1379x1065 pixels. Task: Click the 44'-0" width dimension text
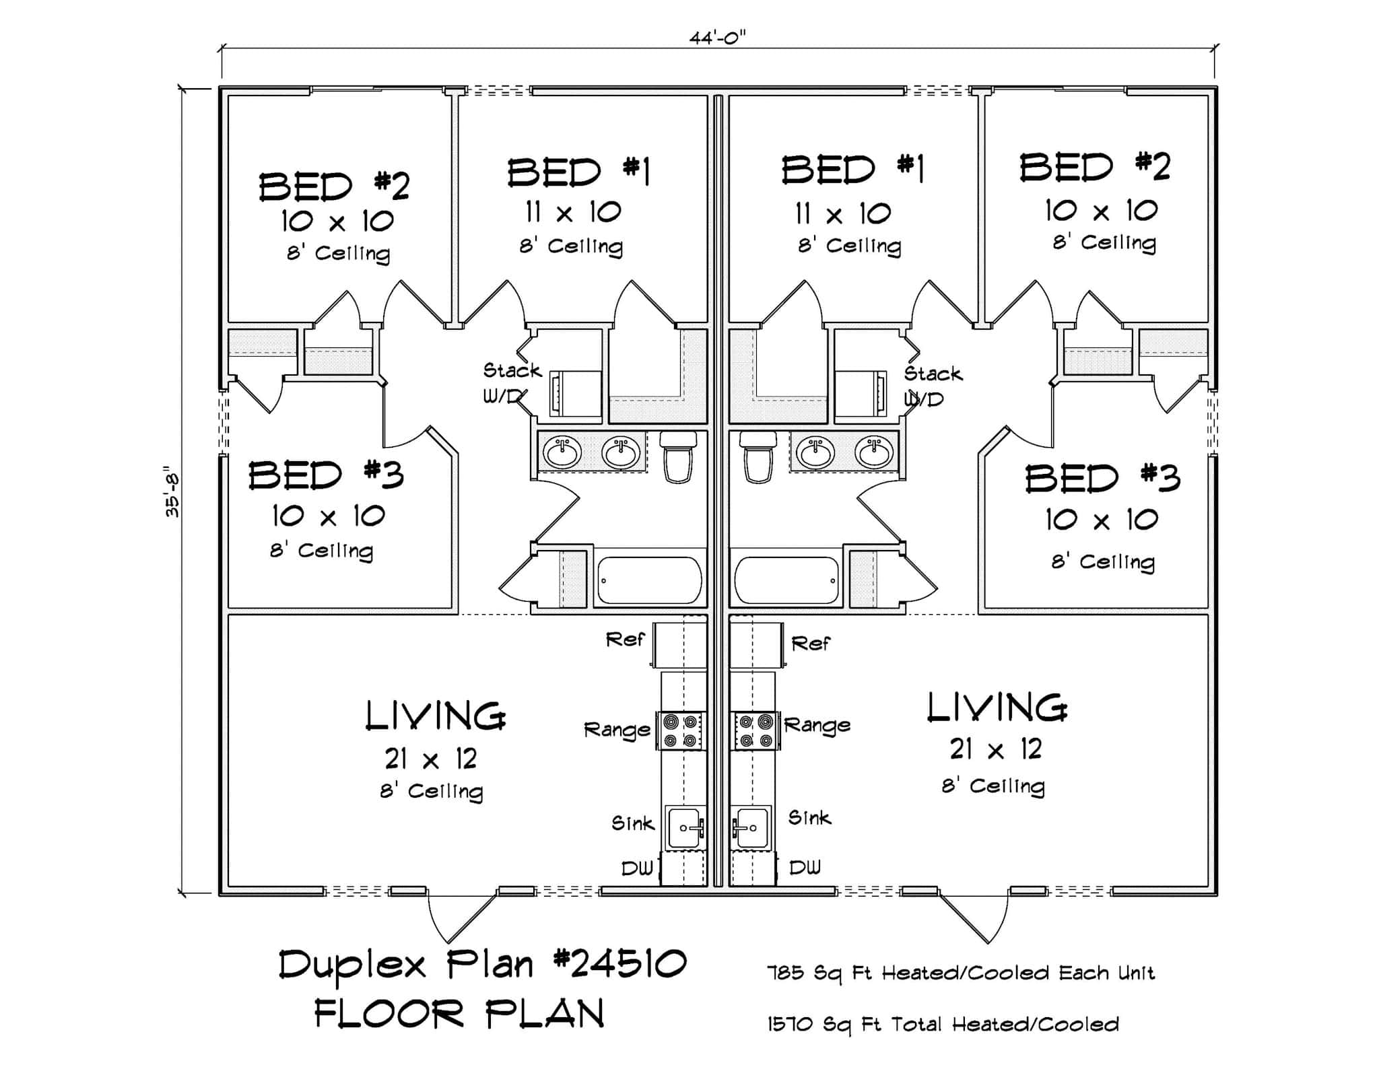[718, 38]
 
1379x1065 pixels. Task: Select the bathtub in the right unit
[786, 580]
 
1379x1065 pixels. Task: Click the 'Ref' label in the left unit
[625, 640]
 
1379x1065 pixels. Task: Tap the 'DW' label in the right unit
[805, 867]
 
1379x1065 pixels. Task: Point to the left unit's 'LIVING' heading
[435, 716]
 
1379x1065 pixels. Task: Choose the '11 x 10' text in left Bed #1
[573, 212]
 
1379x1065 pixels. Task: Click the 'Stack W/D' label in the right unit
[932, 386]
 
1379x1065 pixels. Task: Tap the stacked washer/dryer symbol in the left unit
[576, 394]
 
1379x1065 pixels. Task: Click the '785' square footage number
[785, 973]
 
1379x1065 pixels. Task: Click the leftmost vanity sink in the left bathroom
[562, 452]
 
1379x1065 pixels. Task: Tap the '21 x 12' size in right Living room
[996, 749]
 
